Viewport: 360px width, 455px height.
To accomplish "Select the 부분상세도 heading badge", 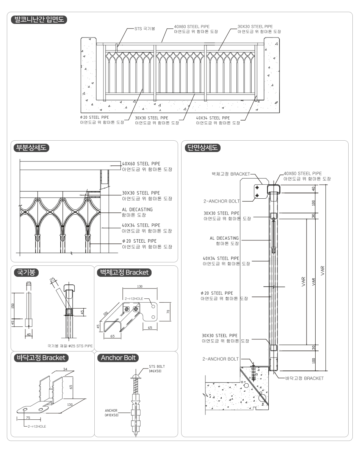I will tap(31, 148).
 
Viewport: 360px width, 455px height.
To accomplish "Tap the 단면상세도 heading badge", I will tap(202, 148).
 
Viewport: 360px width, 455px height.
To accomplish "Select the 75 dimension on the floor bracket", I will tap(28, 417).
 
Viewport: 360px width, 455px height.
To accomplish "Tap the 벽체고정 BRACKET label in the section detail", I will tap(231, 174).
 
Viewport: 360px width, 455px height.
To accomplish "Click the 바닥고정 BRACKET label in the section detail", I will tap(304, 378).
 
